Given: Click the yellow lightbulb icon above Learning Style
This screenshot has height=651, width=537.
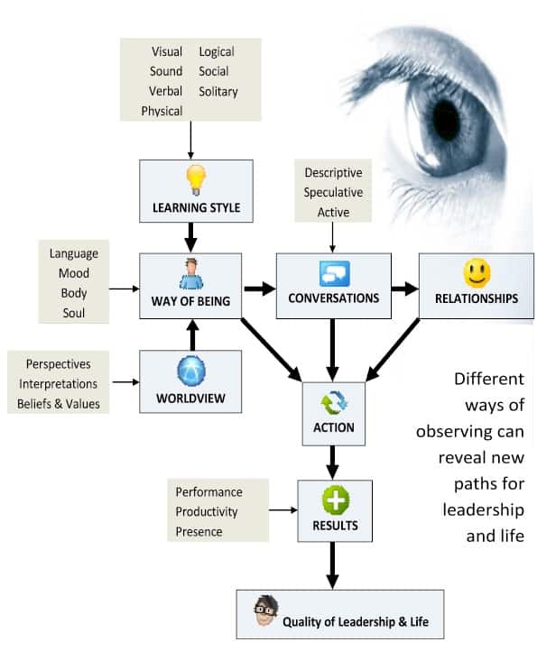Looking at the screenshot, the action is click(x=196, y=179).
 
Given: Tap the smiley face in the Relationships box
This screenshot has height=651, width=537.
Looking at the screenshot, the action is click(x=477, y=273).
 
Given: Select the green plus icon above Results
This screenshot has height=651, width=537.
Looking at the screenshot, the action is click(x=336, y=500).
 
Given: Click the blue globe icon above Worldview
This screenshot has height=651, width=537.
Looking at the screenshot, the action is click(x=191, y=371).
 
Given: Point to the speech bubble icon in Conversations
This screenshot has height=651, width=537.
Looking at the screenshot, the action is click(x=335, y=273).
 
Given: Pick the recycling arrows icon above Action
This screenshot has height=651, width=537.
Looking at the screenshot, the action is click(x=334, y=403).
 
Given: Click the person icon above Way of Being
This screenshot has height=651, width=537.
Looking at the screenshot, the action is click(x=191, y=273).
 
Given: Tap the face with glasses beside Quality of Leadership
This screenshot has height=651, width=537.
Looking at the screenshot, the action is click(x=265, y=611).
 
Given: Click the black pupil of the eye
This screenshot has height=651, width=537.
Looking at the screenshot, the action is click(x=446, y=120).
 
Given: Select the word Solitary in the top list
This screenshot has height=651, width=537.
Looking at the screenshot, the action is click(x=218, y=91).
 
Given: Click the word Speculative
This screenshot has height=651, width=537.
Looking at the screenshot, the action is click(x=333, y=193).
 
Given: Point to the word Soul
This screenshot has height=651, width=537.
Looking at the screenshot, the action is click(x=74, y=313).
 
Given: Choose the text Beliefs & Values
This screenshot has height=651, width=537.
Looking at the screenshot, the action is click(x=59, y=404).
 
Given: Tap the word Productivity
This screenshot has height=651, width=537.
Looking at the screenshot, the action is click(x=207, y=512).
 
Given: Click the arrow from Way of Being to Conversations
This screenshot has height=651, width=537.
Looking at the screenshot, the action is click(x=260, y=289).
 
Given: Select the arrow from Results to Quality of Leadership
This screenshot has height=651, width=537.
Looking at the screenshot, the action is click(x=332, y=565).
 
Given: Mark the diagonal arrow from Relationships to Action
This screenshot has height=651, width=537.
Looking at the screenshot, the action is click(x=393, y=350).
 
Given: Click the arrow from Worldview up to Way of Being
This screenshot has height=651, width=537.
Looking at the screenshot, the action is click(x=192, y=335).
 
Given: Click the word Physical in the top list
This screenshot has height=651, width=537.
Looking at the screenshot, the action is click(x=162, y=111).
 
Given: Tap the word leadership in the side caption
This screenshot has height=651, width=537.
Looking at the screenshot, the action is click(x=484, y=509).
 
